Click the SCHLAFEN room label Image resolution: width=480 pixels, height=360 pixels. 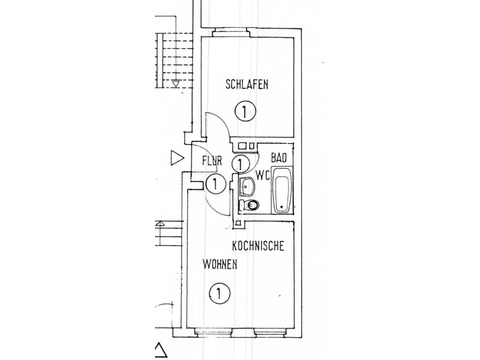(247, 84)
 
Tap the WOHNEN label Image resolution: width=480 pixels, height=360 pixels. (220, 264)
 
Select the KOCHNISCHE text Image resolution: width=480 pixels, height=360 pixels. (258, 246)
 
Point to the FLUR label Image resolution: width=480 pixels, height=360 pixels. (212, 161)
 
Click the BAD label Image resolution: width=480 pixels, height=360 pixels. (279, 157)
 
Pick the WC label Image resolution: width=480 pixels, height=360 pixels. (263, 175)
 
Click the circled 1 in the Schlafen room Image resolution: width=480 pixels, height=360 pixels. (245, 112)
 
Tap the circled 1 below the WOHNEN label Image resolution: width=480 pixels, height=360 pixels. (219, 294)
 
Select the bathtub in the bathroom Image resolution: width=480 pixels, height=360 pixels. (282, 190)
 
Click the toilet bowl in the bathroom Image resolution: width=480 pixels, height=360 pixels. (251, 204)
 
